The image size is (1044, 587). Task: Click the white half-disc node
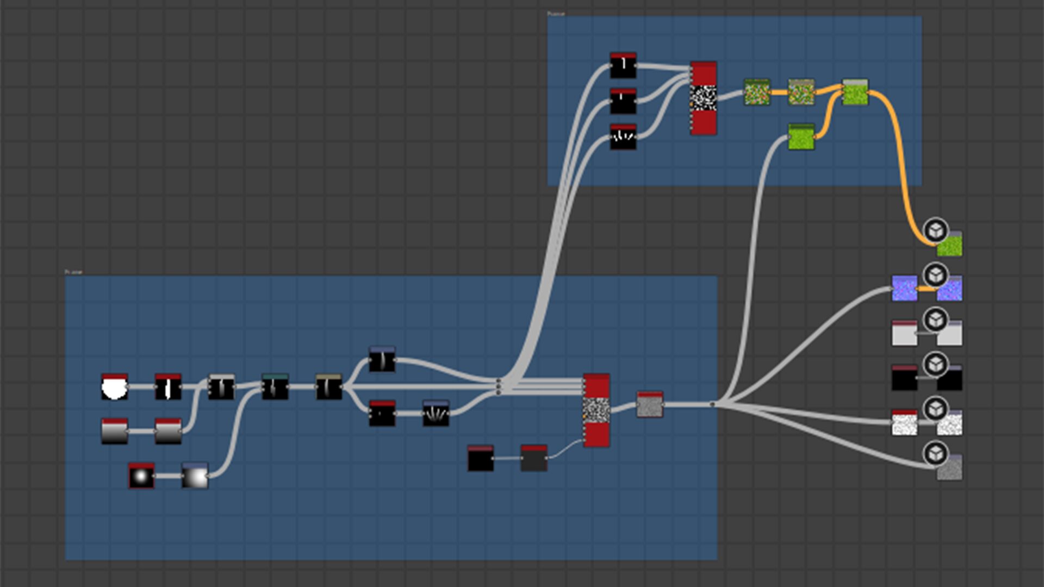(x=114, y=387)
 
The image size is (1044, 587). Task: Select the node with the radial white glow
(x=141, y=476)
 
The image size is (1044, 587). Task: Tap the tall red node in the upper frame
(x=703, y=98)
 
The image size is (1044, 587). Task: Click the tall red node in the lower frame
(x=596, y=410)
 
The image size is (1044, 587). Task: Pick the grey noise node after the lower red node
(x=650, y=405)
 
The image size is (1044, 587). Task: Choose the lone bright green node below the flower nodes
(x=801, y=137)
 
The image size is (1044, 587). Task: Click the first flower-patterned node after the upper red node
(x=757, y=93)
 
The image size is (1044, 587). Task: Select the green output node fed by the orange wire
(x=949, y=245)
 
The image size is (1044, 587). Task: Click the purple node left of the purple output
(x=904, y=289)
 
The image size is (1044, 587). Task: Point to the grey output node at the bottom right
(x=949, y=468)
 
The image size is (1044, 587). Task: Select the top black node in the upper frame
(x=623, y=66)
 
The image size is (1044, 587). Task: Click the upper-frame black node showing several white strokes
(x=623, y=137)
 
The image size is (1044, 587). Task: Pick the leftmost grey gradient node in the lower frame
(x=114, y=432)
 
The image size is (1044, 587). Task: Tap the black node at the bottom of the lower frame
(x=481, y=459)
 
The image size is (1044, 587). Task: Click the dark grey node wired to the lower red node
(x=533, y=459)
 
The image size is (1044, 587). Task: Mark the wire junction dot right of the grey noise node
(x=712, y=404)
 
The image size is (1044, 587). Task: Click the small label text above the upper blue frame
(x=556, y=14)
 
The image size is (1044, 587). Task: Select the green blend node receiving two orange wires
(x=855, y=92)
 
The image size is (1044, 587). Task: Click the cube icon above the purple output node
(x=935, y=276)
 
